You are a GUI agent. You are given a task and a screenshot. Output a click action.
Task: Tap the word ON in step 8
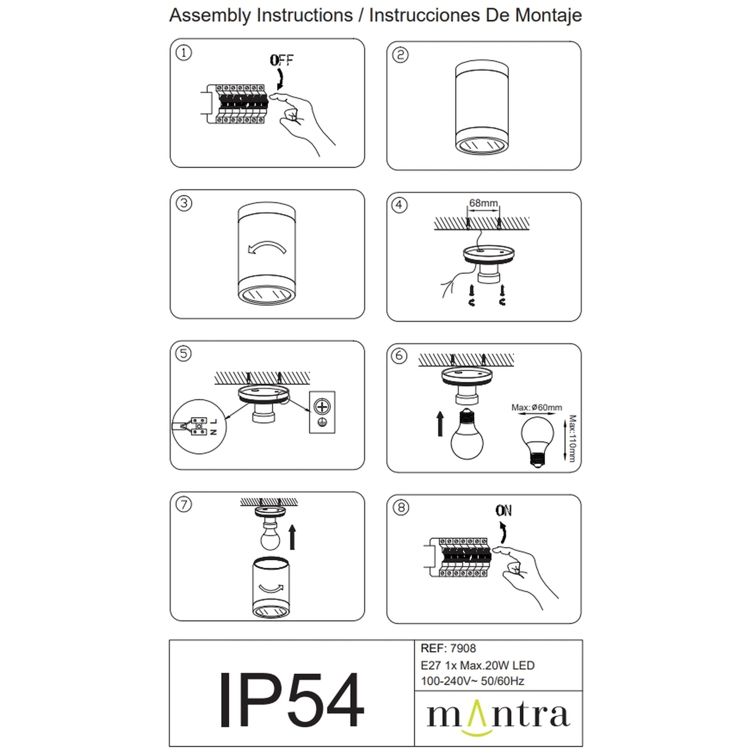(504, 511)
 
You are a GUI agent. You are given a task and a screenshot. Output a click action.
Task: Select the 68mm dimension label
(483, 203)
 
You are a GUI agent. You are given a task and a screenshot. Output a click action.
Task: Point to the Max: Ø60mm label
(537, 407)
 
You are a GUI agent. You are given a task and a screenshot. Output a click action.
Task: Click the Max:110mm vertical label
(572, 438)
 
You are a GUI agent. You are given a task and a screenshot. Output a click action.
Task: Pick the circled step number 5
(183, 354)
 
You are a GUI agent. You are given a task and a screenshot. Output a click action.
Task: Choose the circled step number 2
(400, 55)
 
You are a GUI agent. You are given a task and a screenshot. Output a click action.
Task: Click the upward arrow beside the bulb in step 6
(440, 423)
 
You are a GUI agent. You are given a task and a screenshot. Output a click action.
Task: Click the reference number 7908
(463, 648)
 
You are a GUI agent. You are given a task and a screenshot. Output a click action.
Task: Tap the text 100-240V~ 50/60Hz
(472, 681)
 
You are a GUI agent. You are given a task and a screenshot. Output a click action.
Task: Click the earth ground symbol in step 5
(322, 422)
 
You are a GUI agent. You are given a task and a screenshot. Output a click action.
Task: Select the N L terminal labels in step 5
(213, 427)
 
